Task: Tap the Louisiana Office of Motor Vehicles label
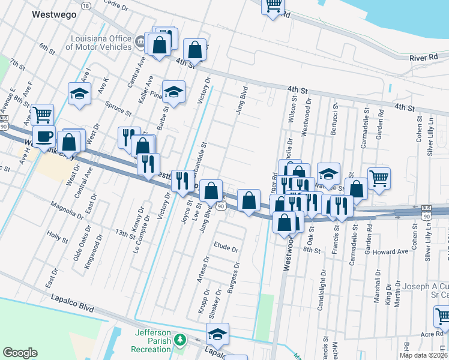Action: (x=98, y=43)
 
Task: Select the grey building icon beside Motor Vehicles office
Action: (x=140, y=42)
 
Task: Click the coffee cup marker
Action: (x=44, y=136)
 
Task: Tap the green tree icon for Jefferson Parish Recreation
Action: (x=179, y=340)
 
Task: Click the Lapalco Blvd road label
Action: (x=73, y=302)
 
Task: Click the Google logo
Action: (x=20, y=353)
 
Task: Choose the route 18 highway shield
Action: (x=86, y=5)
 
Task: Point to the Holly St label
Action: (x=58, y=239)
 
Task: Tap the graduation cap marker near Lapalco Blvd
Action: (x=217, y=334)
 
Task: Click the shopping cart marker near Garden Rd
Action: (x=379, y=178)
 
